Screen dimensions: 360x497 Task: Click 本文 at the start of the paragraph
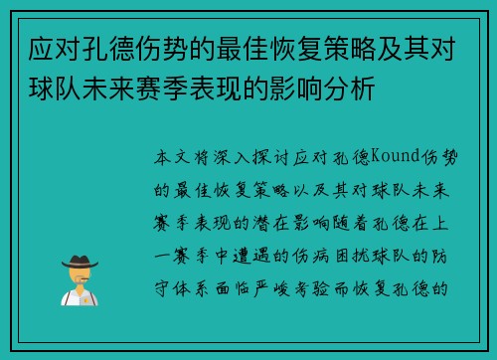click(170, 157)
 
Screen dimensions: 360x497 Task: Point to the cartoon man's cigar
click(91, 281)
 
